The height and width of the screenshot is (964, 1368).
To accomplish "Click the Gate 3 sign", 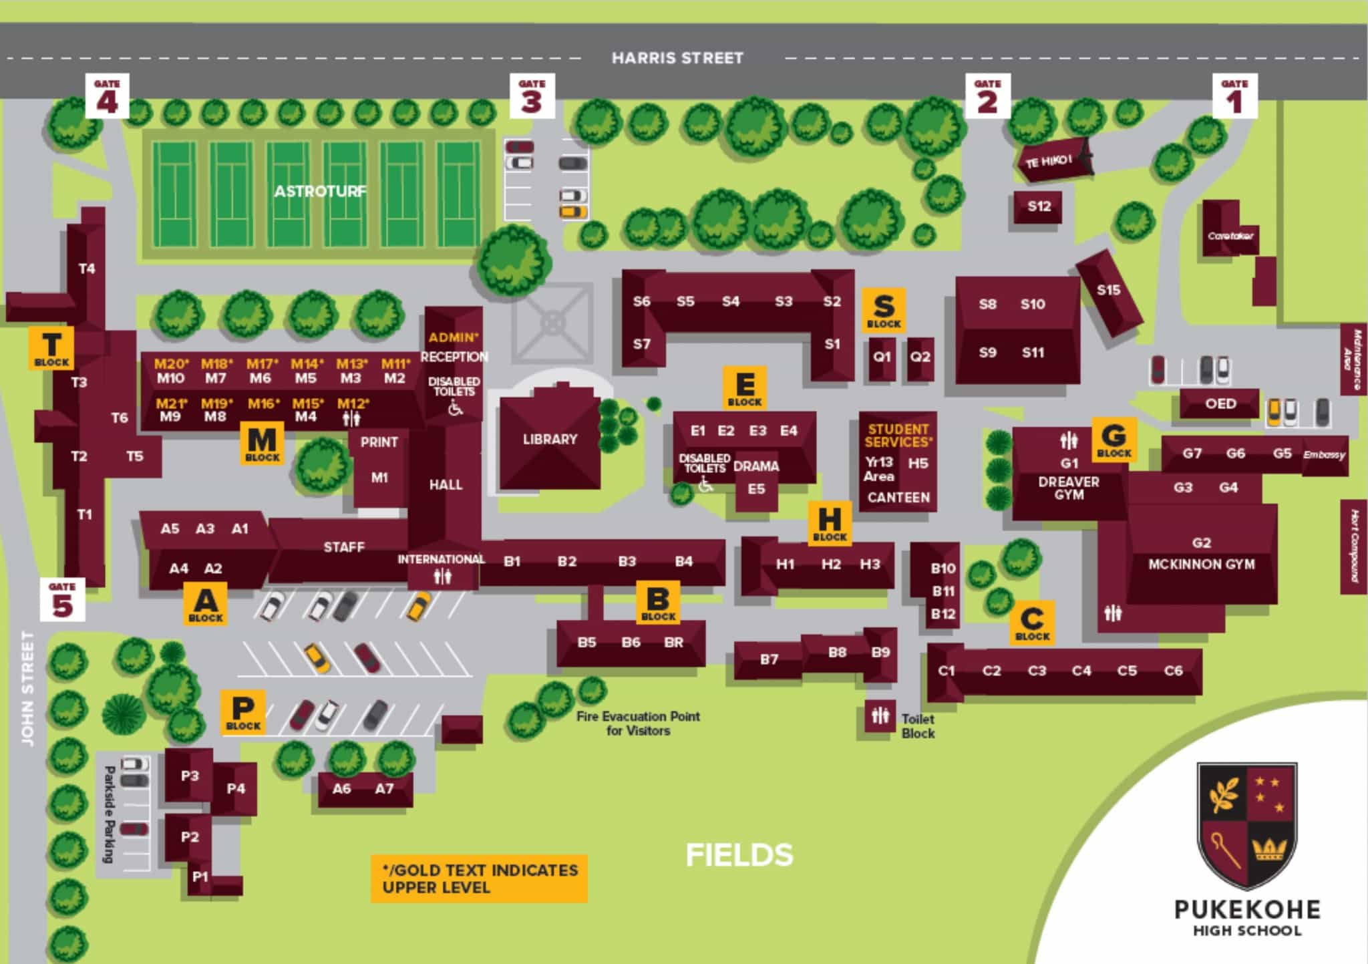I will click(x=532, y=96).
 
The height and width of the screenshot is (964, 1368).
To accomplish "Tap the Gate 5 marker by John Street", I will click(x=62, y=599).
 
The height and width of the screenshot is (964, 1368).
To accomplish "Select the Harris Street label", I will click(x=677, y=58).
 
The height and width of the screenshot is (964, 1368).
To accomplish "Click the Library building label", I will click(x=550, y=439).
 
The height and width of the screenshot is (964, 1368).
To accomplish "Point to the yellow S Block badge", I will click(x=883, y=309).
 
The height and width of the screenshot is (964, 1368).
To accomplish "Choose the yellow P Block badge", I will click(x=243, y=712).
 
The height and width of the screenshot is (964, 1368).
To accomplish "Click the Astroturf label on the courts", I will click(x=320, y=191).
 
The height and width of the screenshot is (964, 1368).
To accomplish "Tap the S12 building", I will click(x=1039, y=206).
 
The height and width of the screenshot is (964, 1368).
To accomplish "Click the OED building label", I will click(x=1220, y=404).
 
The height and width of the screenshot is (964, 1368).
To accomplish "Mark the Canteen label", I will click(x=898, y=497).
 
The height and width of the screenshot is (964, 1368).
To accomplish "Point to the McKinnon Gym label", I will click(x=1201, y=564).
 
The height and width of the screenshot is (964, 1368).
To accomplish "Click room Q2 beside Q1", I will click(x=920, y=357).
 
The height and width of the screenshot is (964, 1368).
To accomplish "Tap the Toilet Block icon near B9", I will click(x=880, y=716).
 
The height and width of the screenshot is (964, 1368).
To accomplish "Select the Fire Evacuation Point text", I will click(x=638, y=723).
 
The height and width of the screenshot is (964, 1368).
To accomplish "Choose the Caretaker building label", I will click(x=1230, y=236).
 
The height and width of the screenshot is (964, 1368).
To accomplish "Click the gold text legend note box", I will click(x=479, y=878).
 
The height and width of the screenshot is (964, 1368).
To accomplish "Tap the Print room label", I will click(x=379, y=442).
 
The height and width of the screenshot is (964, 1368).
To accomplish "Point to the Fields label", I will click(x=739, y=855).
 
